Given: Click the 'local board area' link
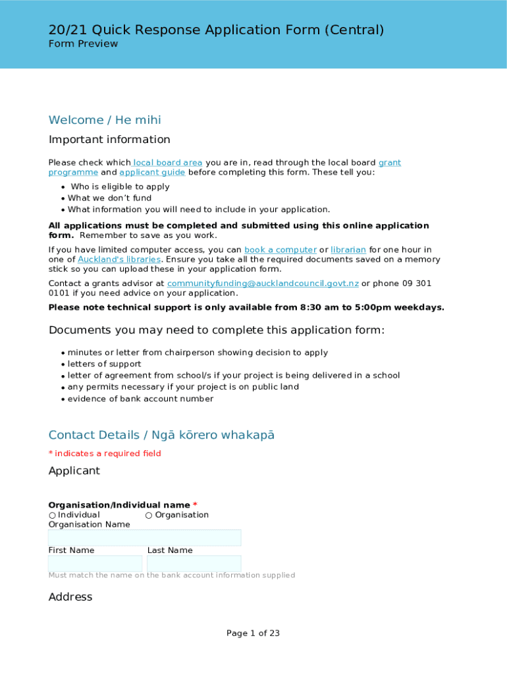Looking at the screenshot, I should [x=168, y=163].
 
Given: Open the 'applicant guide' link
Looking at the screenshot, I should [x=152, y=173].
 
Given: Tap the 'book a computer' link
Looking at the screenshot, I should [x=280, y=250].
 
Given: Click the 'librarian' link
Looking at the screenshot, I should [x=348, y=250].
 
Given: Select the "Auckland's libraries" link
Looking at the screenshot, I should [x=119, y=260].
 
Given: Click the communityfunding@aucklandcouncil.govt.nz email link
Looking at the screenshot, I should [x=263, y=283].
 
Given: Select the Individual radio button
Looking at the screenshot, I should [x=52, y=515].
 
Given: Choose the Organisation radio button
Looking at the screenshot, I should [x=149, y=515].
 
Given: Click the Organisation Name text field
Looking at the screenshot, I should [x=144, y=538].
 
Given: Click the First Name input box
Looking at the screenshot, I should [x=95, y=564].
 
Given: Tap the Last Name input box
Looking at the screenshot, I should [x=194, y=564].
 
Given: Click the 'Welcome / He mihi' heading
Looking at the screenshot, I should [x=105, y=120].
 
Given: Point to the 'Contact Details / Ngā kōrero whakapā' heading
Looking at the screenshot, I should [x=161, y=435].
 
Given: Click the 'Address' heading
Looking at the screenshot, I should [x=70, y=597].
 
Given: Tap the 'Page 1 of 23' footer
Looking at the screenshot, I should [x=253, y=633].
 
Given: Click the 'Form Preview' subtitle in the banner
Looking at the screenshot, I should [x=83, y=44].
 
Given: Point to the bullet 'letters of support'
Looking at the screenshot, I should [x=104, y=365].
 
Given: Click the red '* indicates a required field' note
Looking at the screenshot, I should [x=105, y=454].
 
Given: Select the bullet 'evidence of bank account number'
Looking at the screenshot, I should [x=140, y=399].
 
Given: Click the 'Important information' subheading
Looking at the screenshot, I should [x=109, y=140].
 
